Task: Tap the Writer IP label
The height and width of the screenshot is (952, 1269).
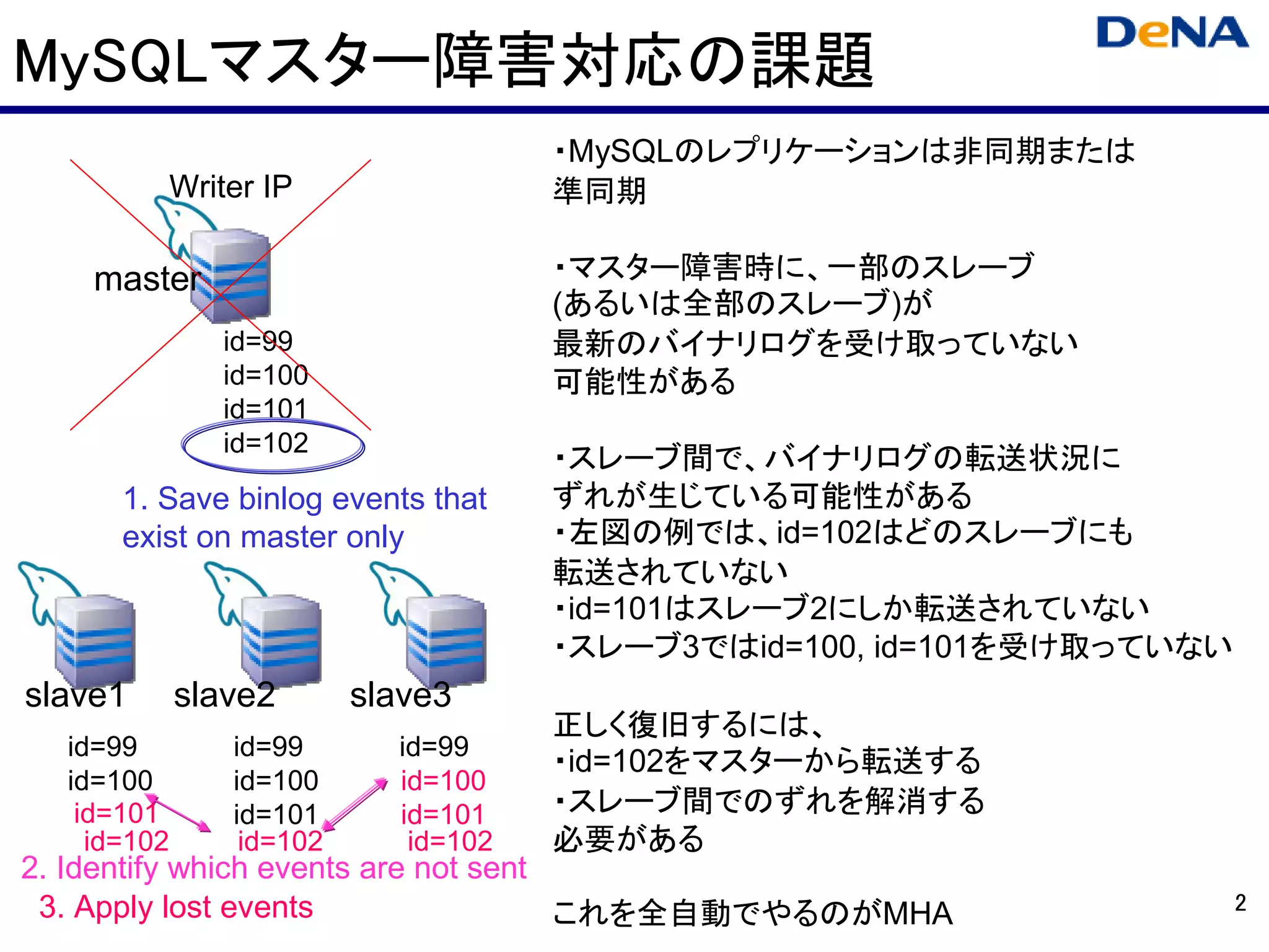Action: [x=231, y=187]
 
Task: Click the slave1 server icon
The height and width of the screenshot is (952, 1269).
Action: [x=94, y=638]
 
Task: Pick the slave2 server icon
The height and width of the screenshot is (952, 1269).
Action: [x=280, y=638]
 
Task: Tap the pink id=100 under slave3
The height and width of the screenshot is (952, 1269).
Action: [x=443, y=781]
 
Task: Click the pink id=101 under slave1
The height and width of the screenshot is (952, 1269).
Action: [x=115, y=814]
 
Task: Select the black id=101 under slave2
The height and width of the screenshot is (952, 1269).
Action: [x=276, y=814]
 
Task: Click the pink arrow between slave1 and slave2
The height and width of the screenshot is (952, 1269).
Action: [x=179, y=813]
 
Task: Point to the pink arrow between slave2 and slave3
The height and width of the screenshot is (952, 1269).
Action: [x=355, y=804]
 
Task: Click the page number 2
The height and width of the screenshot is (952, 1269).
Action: [x=1240, y=903]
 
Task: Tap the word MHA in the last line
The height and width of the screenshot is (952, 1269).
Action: [x=918, y=913]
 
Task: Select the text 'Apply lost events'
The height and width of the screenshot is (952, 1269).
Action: [x=193, y=907]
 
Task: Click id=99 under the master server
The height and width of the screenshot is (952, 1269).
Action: [x=258, y=342]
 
